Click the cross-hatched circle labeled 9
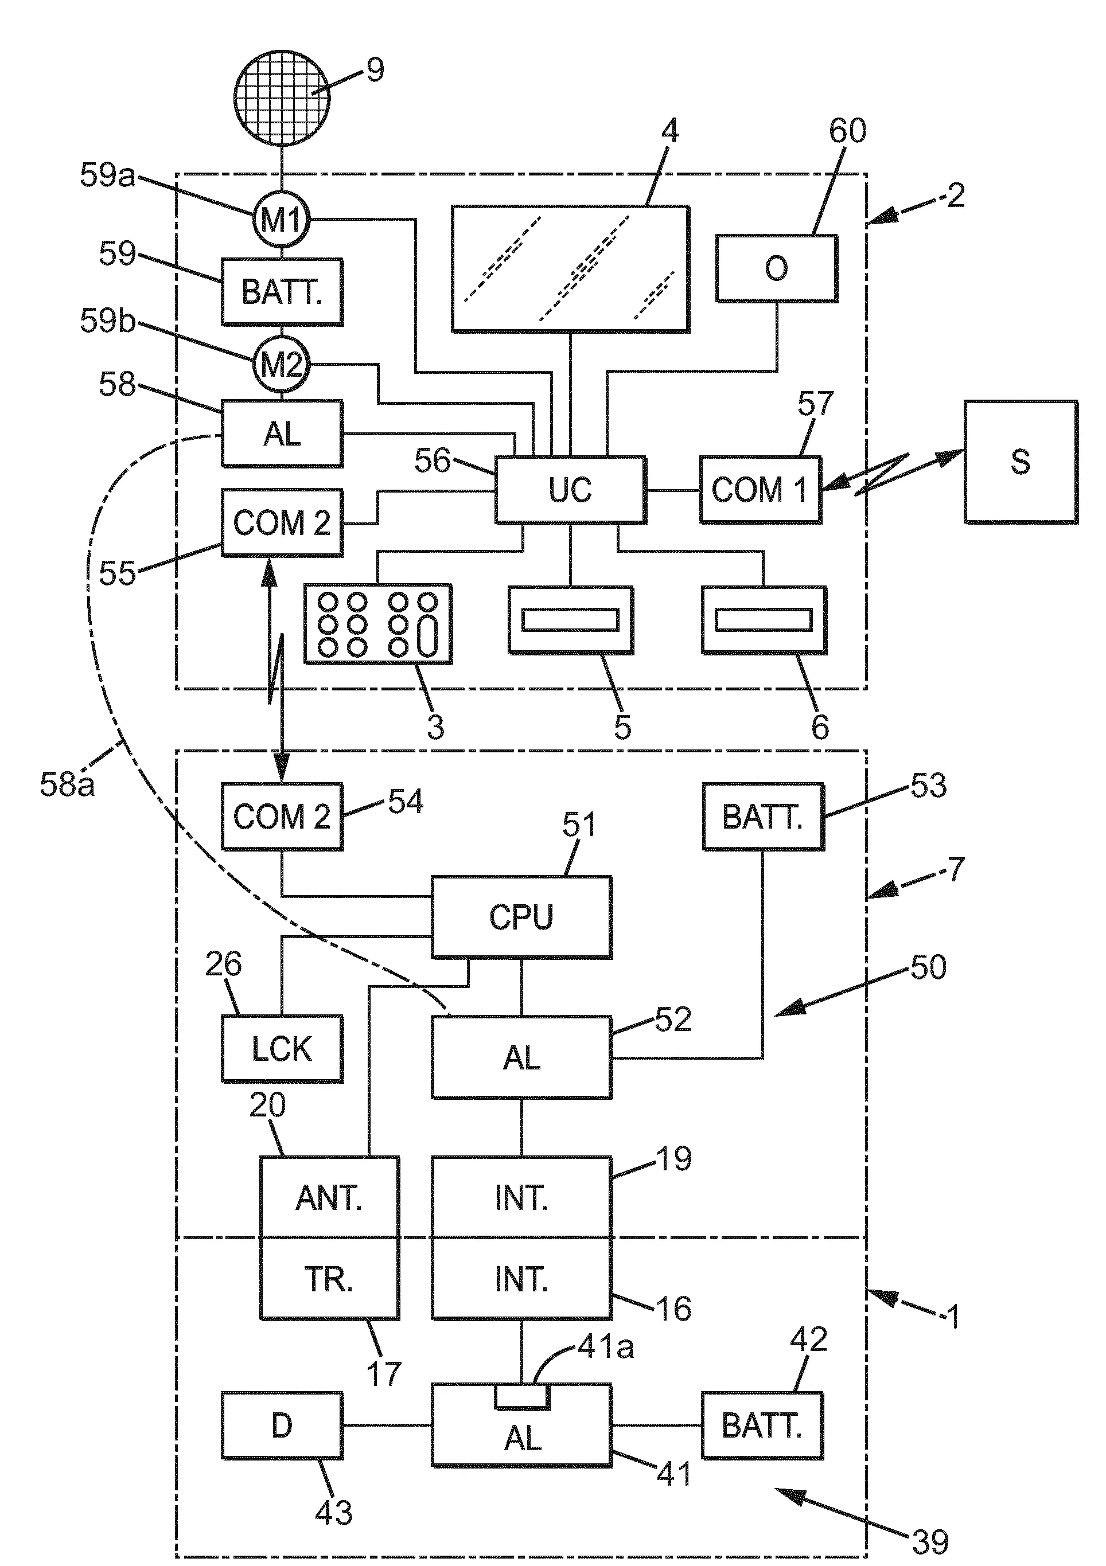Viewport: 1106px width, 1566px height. tap(282, 97)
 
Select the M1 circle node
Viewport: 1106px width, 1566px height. tap(282, 220)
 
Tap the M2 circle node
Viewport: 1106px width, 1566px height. tap(282, 366)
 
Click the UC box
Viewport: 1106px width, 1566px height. tap(570, 490)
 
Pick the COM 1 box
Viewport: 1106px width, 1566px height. tap(760, 490)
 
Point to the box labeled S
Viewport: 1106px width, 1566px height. tap(1021, 462)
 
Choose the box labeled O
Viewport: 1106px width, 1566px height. tap(777, 268)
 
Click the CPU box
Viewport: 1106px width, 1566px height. tap(521, 917)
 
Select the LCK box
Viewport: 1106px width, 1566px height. tap(282, 1048)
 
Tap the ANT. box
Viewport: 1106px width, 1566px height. tap(329, 1198)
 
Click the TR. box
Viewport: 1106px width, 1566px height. tap(329, 1279)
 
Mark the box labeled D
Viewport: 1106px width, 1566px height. tap(282, 1426)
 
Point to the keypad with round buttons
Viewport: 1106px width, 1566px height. tap(378, 623)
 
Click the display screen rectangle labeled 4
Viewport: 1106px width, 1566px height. tap(570, 269)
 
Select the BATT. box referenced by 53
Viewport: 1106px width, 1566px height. tap(763, 817)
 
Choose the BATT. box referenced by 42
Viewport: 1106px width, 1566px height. tap(762, 1426)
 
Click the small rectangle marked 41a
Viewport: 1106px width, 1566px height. tap(522, 1397)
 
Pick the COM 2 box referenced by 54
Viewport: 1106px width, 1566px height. tap(282, 817)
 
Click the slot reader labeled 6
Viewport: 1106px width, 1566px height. tap(764, 620)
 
